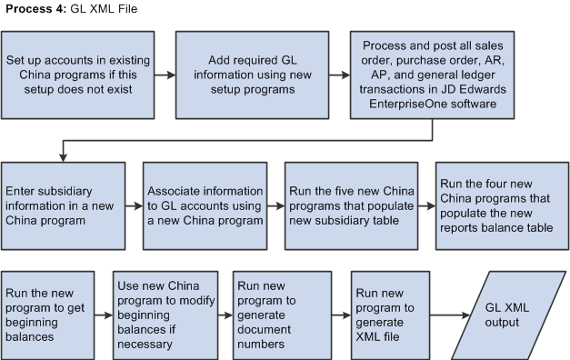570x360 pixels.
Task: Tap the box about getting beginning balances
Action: tap(47, 315)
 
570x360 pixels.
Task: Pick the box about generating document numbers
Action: tap(279, 315)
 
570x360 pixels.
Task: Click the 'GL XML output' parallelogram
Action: tap(511, 315)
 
